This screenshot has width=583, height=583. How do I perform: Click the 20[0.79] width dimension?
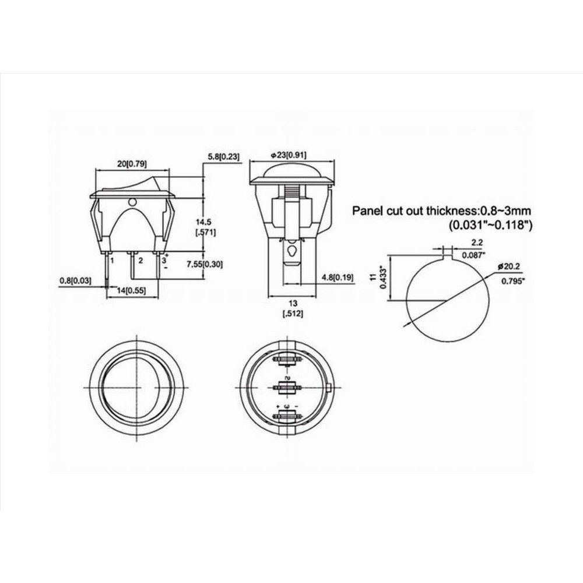click(132, 164)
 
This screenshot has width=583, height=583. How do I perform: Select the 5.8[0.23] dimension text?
click(223, 156)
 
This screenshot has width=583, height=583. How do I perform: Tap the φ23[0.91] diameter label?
click(289, 155)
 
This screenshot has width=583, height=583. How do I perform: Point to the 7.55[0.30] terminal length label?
click(205, 265)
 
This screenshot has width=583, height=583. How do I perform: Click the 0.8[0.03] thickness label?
click(75, 280)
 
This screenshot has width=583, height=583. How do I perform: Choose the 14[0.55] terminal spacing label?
click(131, 290)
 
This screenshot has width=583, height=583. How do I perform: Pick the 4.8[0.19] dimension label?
click(338, 278)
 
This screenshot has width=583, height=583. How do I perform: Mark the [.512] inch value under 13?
click(293, 314)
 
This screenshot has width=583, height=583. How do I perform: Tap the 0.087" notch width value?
click(473, 255)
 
